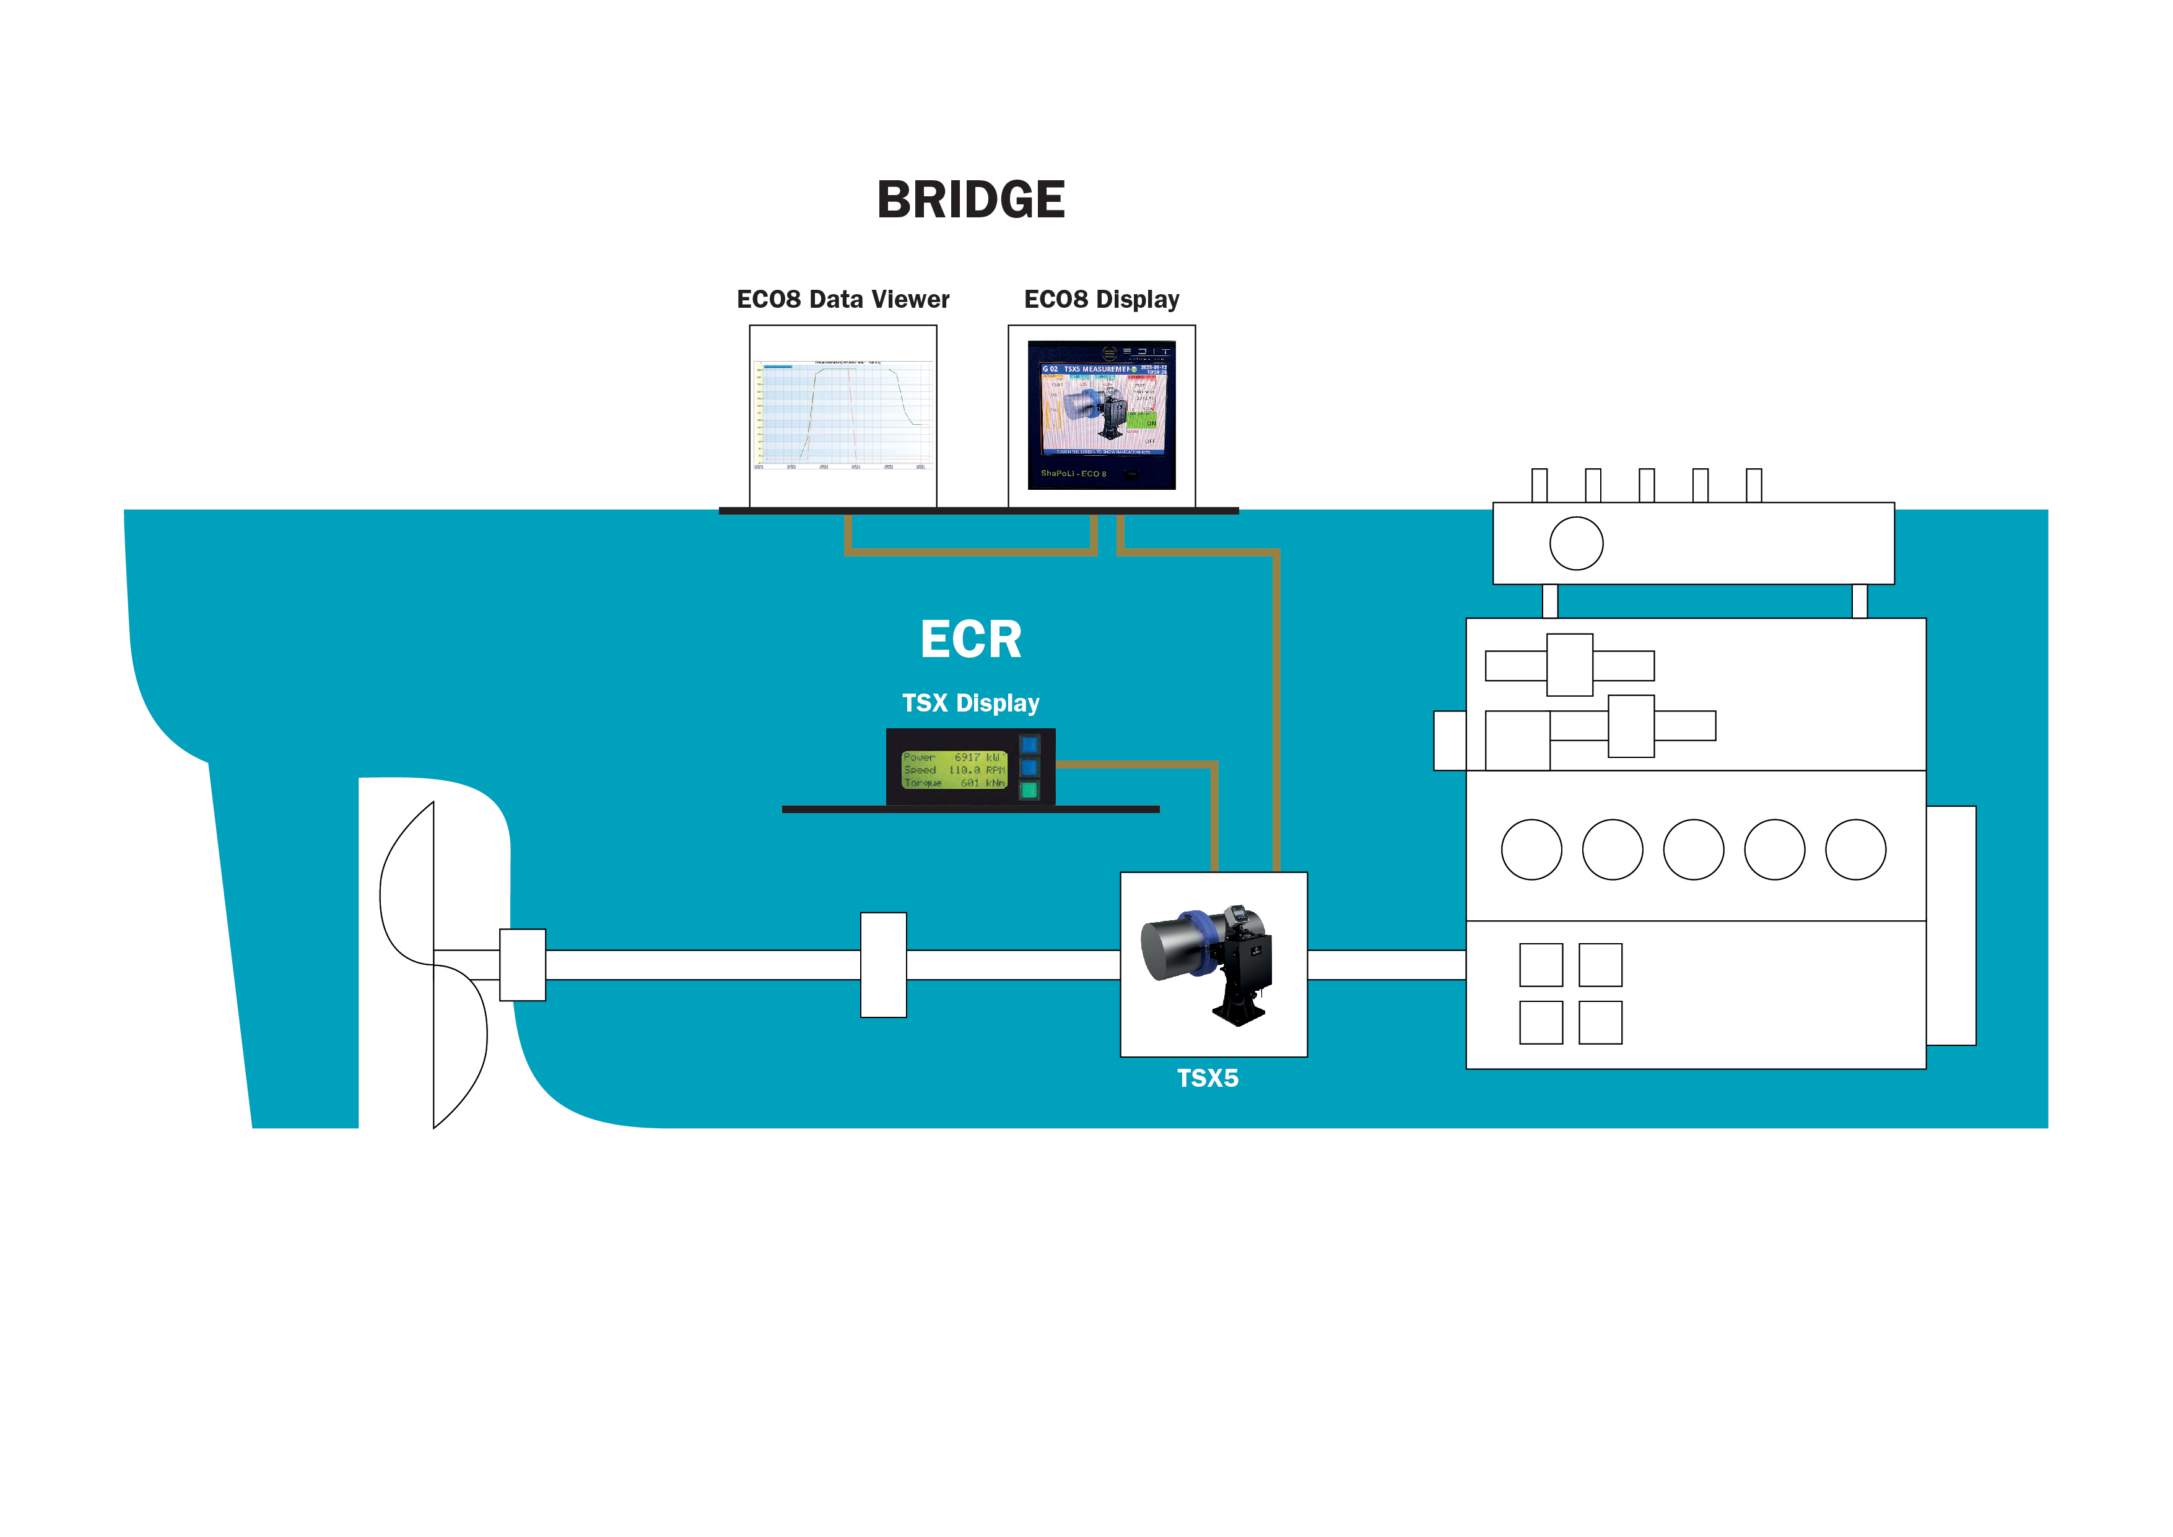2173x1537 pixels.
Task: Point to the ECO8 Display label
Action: click(x=1102, y=299)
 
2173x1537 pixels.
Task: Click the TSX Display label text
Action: click(x=970, y=703)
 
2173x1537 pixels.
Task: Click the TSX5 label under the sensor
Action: click(x=1208, y=1078)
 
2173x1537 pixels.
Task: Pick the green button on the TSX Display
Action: click(x=1030, y=790)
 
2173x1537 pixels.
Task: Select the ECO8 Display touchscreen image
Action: click(x=1102, y=414)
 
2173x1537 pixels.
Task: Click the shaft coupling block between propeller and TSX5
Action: click(x=883, y=964)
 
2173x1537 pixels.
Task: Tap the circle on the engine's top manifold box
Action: click(x=1576, y=543)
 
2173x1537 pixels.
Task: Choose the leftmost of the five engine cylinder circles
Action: click(x=1531, y=850)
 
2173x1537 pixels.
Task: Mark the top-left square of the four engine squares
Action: click(x=1541, y=964)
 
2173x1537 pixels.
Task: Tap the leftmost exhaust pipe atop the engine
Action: click(x=1540, y=485)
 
